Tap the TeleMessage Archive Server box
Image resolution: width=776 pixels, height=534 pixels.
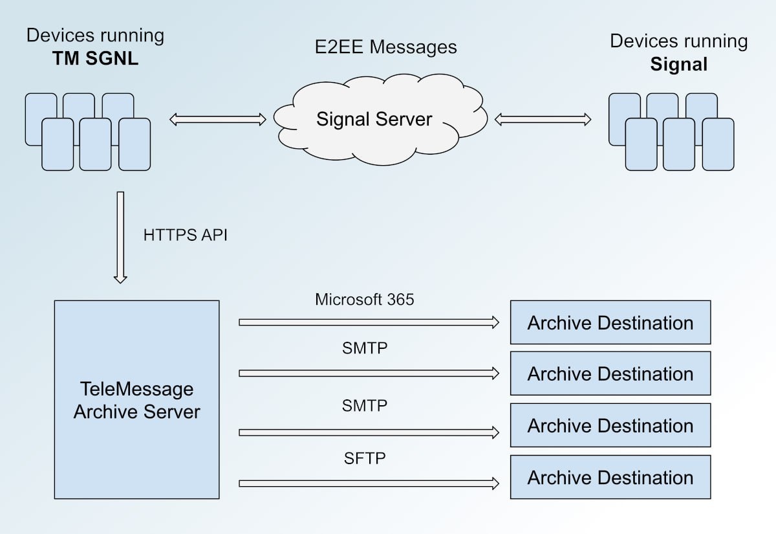[x=136, y=399]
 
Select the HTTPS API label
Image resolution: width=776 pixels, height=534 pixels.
[x=185, y=235]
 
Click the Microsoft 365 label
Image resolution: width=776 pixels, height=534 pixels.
[x=365, y=300]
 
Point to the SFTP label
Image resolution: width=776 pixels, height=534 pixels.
[x=365, y=459]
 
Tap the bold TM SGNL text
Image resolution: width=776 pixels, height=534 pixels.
[x=96, y=59]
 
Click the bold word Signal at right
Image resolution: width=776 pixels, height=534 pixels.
[x=679, y=65]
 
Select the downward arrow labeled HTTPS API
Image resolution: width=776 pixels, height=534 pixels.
[x=120, y=236]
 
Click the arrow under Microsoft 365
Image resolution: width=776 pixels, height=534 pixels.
[x=369, y=322]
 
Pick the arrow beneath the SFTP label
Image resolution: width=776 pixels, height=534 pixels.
[x=369, y=483]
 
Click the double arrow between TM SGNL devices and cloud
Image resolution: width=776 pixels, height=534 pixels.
[x=218, y=119]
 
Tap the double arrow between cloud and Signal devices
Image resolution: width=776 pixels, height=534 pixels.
[x=543, y=119]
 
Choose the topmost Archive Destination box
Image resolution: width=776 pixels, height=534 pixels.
[x=610, y=322]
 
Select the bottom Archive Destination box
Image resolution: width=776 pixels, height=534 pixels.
[x=610, y=478]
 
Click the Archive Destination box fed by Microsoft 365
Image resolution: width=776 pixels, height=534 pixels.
[x=610, y=322]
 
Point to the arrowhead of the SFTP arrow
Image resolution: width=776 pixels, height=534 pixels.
[x=495, y=483]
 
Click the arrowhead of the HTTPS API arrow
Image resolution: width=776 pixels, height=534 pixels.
[x=120, y=278]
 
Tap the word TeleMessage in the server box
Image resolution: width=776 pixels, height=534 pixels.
[x=136, y=389]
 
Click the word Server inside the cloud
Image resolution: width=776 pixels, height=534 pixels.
[x=402, y=119]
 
